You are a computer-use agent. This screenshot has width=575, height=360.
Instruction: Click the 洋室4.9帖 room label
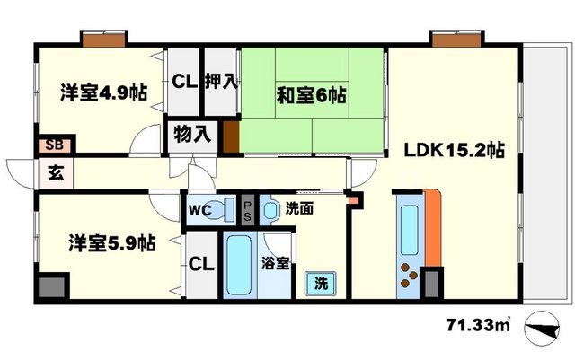[x=105, y=92]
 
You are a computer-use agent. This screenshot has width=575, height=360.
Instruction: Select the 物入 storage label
[x=191, y=136]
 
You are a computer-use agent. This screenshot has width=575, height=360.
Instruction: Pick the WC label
[x=199, y=212]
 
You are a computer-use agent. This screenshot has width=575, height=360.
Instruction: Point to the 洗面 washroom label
[x=299, y=209]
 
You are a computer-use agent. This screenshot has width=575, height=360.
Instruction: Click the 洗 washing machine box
[x=321, y=283]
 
